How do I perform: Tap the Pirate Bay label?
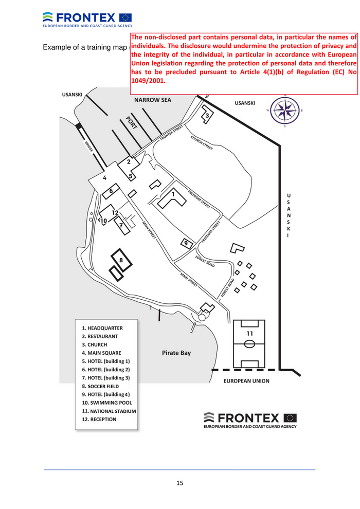pyautogui.click(x=176, y=353)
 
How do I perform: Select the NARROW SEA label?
pyautogui.click(x=153, y=100)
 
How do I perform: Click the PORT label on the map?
pyautogui.click(x=131, y=123)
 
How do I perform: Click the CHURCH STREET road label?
pyautogui.click(x=202, y=142)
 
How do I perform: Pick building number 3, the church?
pyautogui.click(x=207, y=116)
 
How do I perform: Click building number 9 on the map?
pyautogui.click(x=187, y=243)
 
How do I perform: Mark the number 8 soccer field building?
pyautogui.click(x=121, y=260)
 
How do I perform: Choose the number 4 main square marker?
pyautogui.click(x=104, y=178)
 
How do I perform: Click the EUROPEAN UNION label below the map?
pyautogui.click(x=246, y=381)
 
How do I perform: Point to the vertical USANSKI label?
pyautogui.click(x=288, y=215)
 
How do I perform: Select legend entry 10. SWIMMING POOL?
pyautogui.click(x=109, y=403)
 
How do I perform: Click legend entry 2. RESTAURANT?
pyautogui.click(x=100, y=336)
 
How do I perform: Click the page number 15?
pyautogui.click(x=179, y=483)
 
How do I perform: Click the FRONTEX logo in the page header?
pyautogui.click(x=87, y=18)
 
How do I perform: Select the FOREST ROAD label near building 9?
pyautogui.click(x=205, y=261)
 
